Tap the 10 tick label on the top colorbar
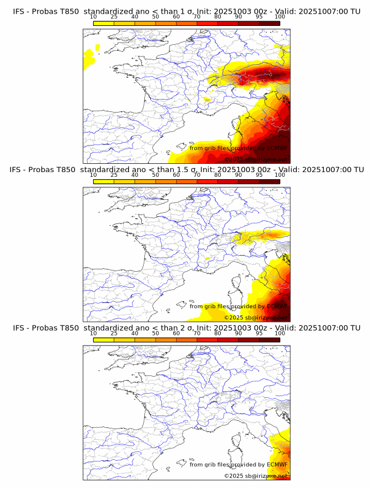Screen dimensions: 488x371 pos(94,17)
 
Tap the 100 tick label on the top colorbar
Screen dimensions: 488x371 pos(280,17)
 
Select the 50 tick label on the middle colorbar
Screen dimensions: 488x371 pos(155,175)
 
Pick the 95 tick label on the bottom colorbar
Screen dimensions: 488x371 pos(259,334)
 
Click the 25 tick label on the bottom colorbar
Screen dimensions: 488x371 pos(114,334)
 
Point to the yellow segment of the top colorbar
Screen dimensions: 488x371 pos(104,23)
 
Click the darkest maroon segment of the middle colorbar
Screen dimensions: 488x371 pos(269,182)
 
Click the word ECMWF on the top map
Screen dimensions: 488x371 pos(277,149)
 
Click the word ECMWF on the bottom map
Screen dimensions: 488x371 pos(277,465)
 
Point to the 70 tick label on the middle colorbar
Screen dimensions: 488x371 pos(197,175)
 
